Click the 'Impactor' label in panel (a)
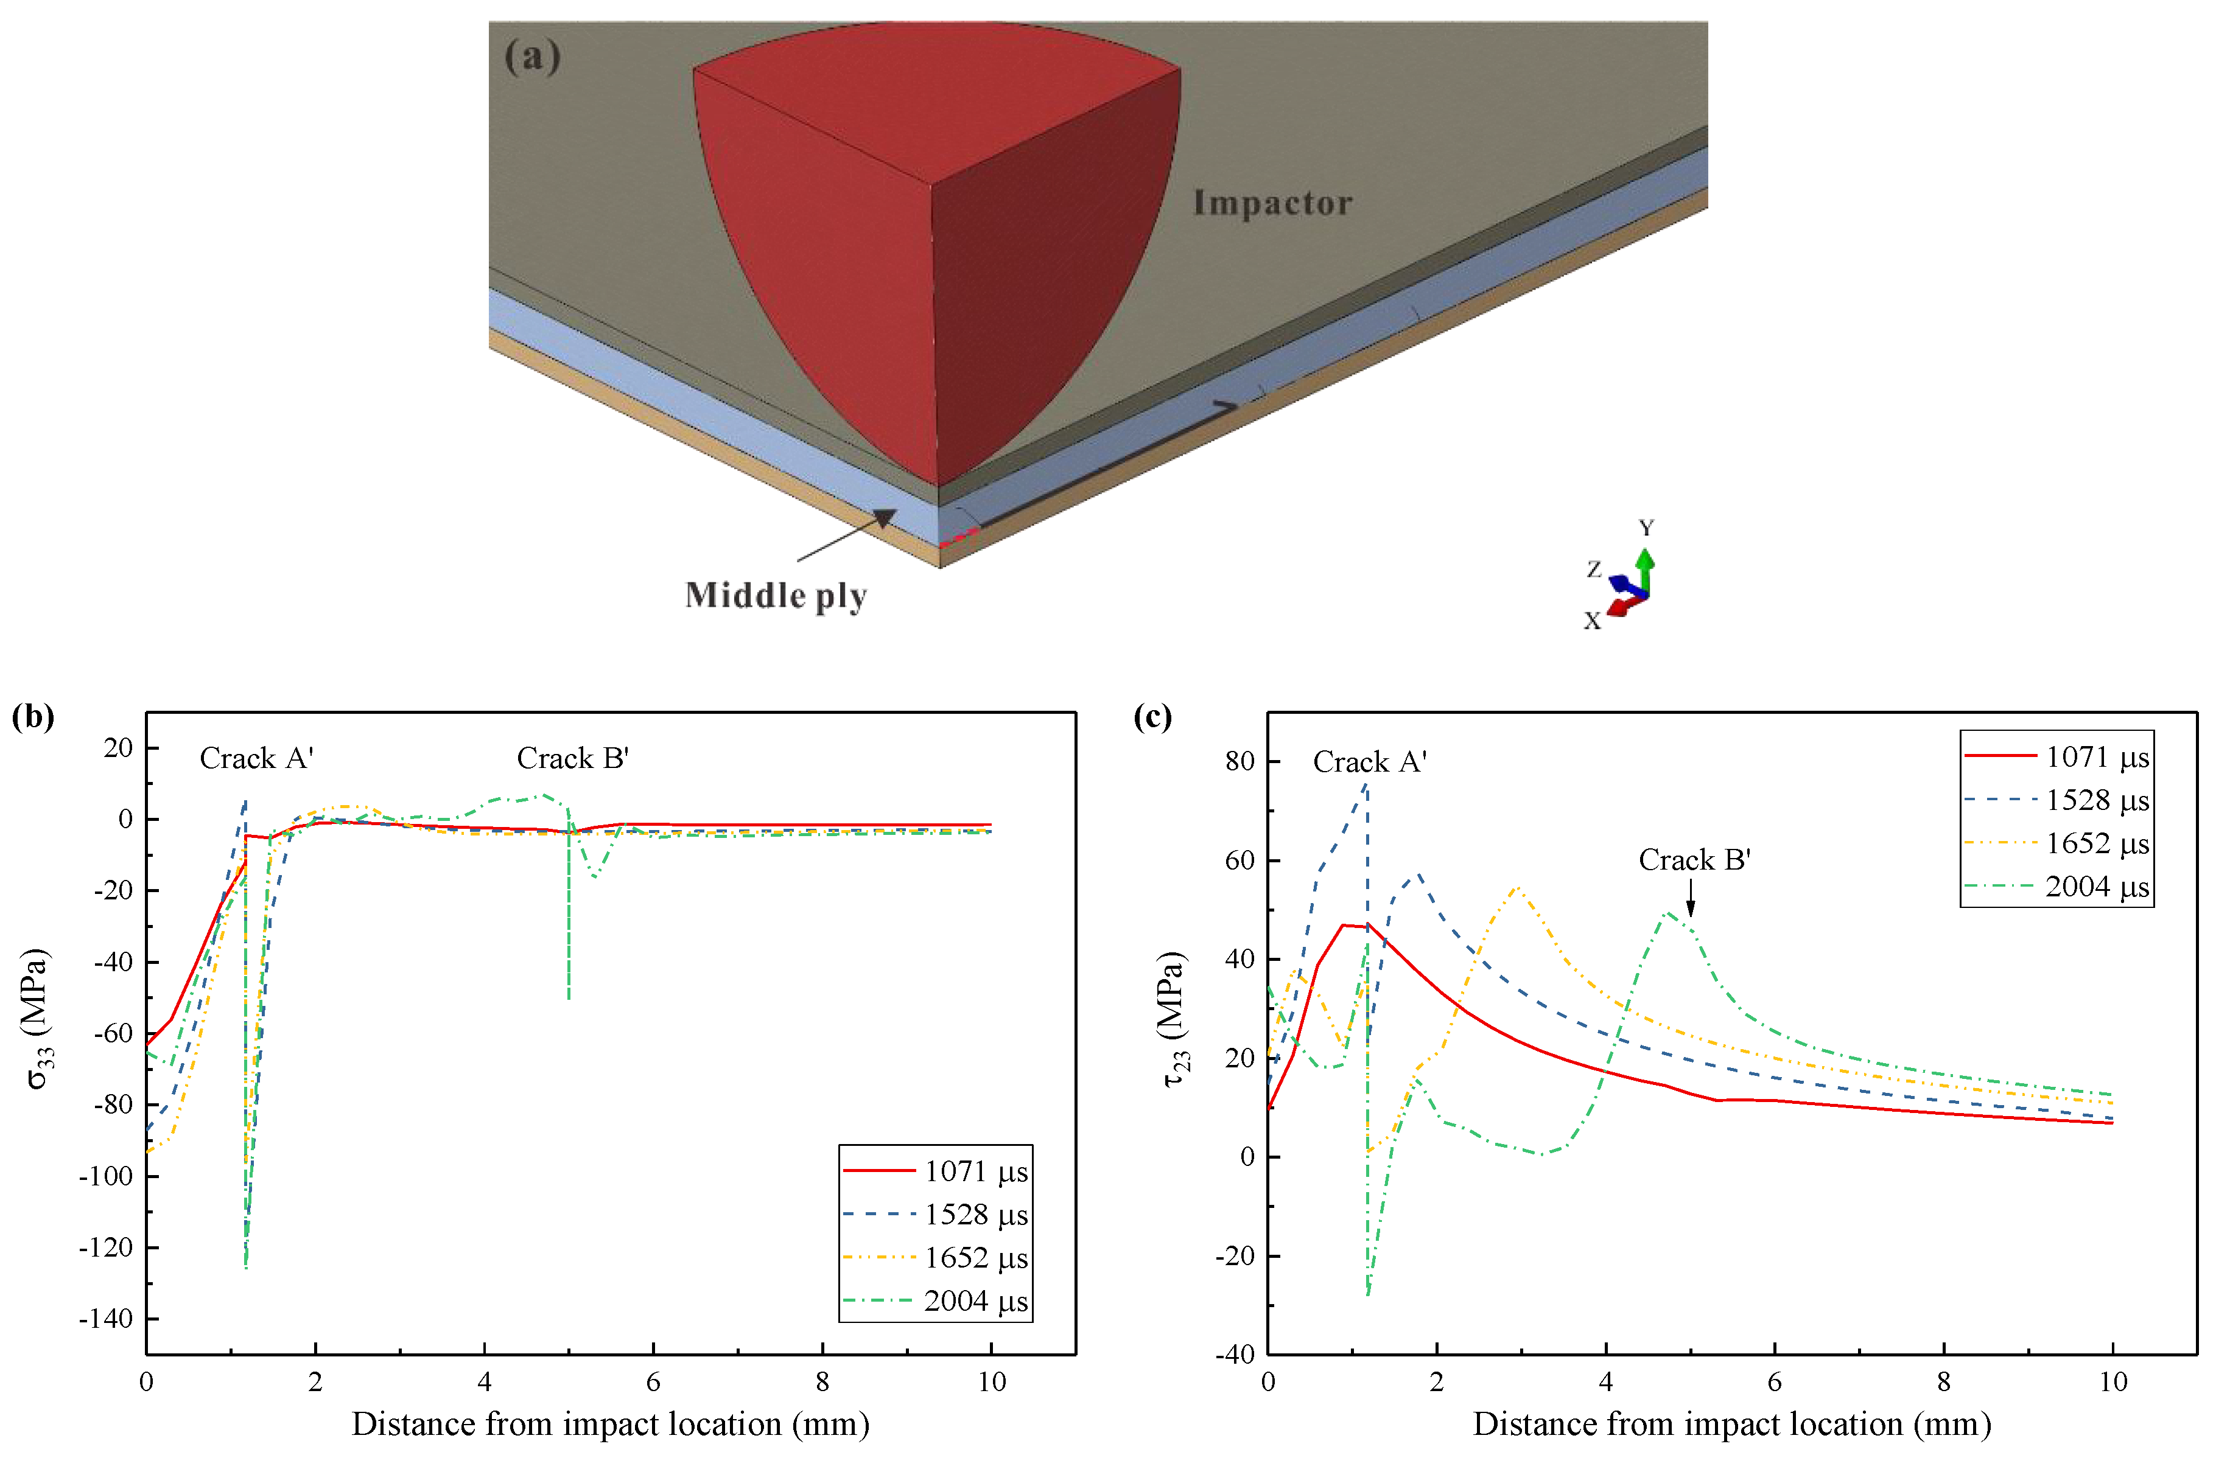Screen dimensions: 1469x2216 pyautogui.click(x=1272, y=203)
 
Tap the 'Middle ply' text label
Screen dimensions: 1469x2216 pyautogui.click(x=776, y=596)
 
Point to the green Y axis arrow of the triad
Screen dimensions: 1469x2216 pyautogui.click(x=1646, y=567)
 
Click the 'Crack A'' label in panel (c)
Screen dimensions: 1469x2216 pyautogui.click(x=1369, y=762)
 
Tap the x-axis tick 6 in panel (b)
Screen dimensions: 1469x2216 pyautogui.click(x=653, y=1382)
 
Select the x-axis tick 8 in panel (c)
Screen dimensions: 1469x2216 pyautogui.click(x=1943, y=1382)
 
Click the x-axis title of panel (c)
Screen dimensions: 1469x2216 pyautogui.click(x=1731, y=1425)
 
